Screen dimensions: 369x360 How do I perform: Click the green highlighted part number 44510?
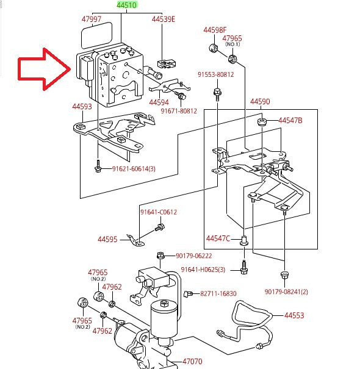129,5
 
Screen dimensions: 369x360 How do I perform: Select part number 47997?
91,19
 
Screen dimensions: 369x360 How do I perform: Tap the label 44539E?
164,19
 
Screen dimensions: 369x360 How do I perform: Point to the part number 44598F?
215,30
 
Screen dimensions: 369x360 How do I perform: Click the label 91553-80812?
215,74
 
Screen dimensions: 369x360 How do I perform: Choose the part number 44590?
260,102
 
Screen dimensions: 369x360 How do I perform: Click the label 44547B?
290,120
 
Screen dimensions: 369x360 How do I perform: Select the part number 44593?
82,107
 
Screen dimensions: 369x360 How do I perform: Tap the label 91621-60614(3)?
134,169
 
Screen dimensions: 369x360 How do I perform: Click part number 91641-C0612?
158,212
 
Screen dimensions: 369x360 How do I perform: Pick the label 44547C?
218,238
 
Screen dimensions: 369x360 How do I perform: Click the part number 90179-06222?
194,256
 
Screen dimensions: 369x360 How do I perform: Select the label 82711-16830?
218,293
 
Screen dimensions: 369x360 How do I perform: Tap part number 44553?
293,315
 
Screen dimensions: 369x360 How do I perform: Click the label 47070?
193,362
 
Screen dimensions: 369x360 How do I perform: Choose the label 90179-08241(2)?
286,292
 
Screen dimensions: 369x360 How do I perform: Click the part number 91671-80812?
179,111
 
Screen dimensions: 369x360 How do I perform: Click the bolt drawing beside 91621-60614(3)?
98,168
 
